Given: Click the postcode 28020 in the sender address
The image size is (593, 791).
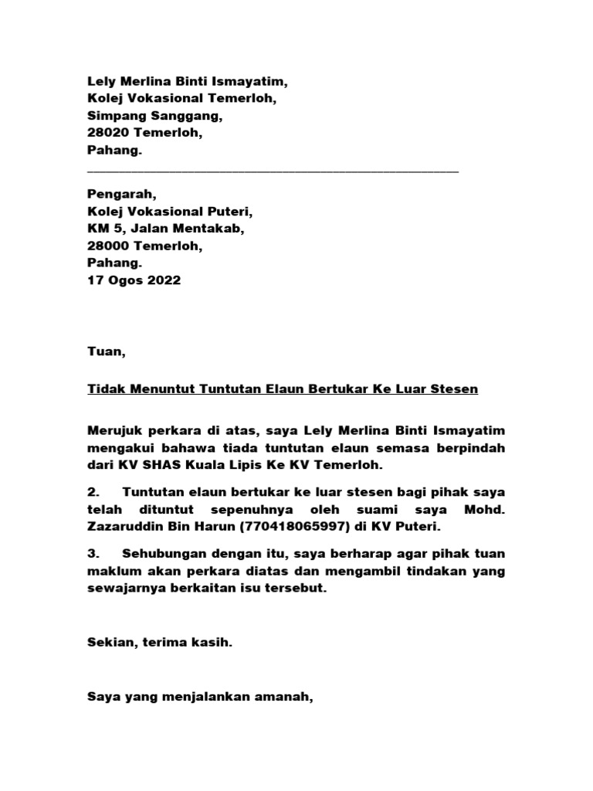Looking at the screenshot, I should click(x=107, y=134).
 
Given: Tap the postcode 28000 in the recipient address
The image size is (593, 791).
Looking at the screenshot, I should click(x=107, y=246).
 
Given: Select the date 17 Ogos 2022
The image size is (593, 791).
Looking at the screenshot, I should click(x=134, y=280).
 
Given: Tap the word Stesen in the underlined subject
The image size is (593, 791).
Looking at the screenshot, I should click(x=455, y=389).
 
